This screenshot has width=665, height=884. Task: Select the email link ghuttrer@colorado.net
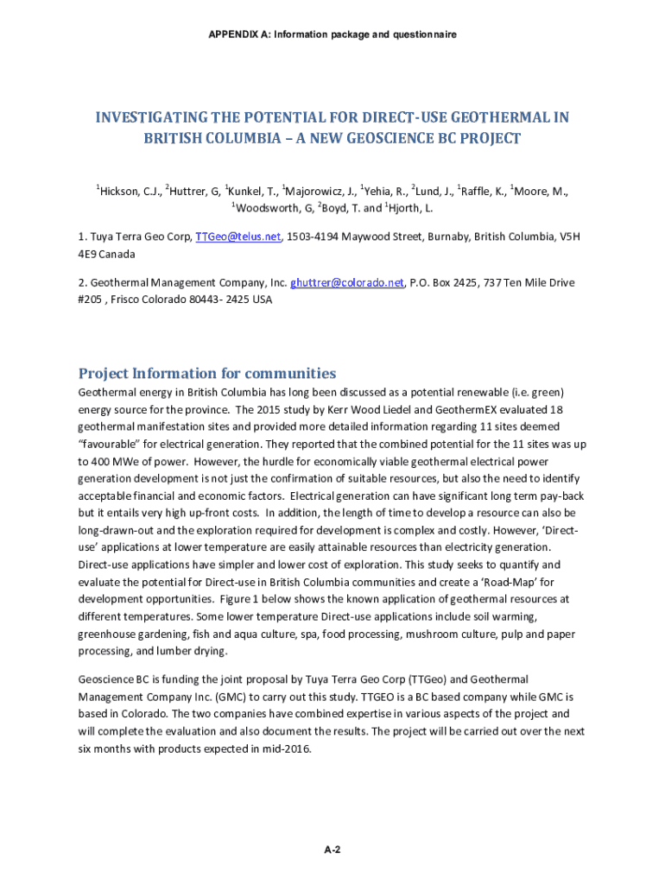pyautogui.click(x=347, y=282)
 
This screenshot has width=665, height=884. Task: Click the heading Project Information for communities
pyautogui.click(x=207, y=374)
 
